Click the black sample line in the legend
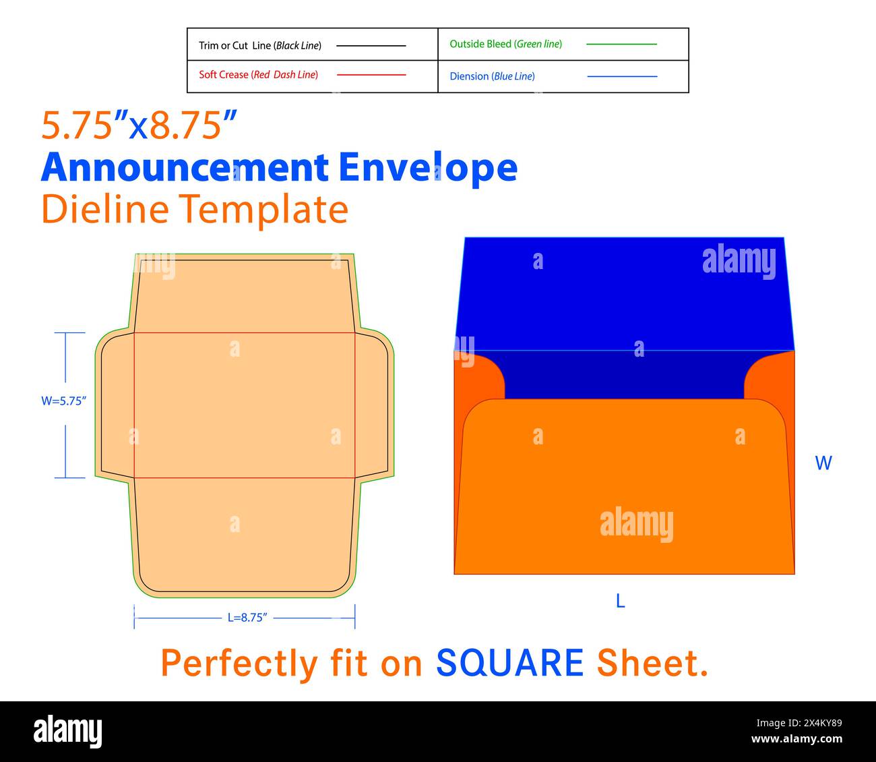371,45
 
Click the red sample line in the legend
371,75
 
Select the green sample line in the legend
621,44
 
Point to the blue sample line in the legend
622,76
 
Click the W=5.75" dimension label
64,401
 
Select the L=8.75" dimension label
247,617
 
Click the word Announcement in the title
185,168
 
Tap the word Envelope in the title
428,168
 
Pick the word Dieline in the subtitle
105,209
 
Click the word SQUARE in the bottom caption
509,663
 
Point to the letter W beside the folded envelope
823,463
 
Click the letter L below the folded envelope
621,602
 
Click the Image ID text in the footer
799,723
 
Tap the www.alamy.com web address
796,739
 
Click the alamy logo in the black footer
67,731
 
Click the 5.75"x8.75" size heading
139,125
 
